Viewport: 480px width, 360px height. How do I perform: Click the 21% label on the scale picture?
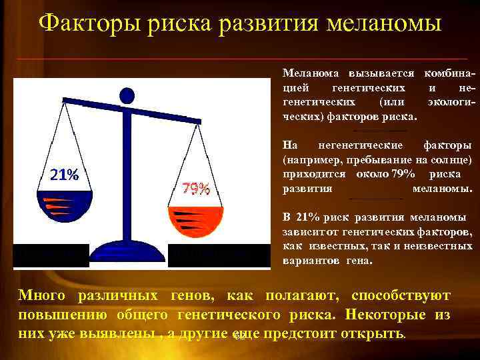pyautogui.click(x=64, y=175)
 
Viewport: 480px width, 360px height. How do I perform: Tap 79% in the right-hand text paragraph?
pyautogui.click(x=404, y=174)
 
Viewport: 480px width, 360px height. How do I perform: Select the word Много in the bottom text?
pyautogui.click(x=42, y=295)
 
